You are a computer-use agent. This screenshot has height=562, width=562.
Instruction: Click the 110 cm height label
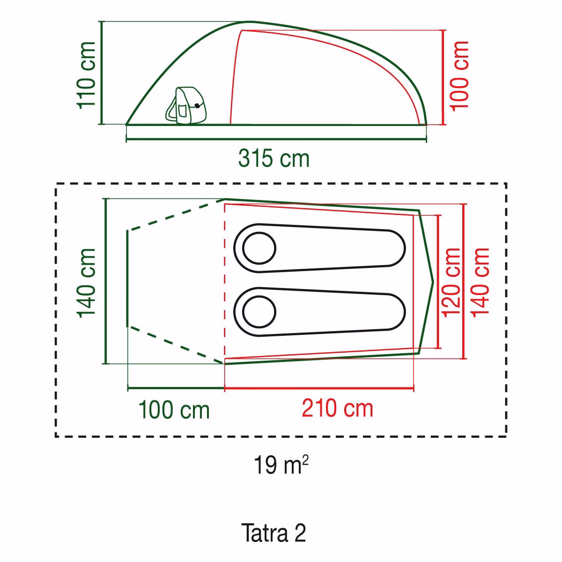pyautogui.click(x=86, y=75)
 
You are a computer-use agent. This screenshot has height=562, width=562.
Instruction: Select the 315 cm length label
pyautogui.click(x=274, y=159)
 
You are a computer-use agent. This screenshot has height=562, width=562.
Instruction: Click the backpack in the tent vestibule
pyautogui.click(x=186, y=105)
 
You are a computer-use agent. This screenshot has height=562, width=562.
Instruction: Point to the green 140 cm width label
pyautogui.click(x=86, y=282)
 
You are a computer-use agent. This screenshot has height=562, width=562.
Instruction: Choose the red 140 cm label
pyautogui.click(x=480, y=282)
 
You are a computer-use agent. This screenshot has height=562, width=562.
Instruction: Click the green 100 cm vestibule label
pyautogui.click(x=174, y=410)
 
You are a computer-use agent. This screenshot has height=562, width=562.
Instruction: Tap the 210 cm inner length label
pyautogui.click(x=337, y=408)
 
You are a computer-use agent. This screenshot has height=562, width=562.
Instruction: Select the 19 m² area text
pyautogui.click(x=281, y=465)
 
